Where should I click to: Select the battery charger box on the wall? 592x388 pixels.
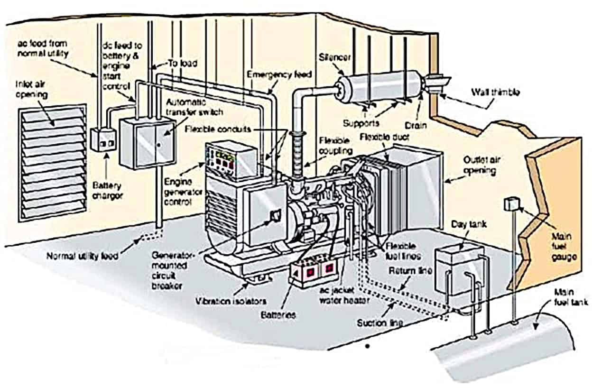click(x=103, y=139)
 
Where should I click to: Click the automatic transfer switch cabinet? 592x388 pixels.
click(x=147, y=142)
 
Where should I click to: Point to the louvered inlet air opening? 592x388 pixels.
click(x=52, y=161)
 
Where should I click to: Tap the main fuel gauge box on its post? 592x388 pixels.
click(x=511, y=204)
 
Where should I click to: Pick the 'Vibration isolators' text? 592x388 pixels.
click(x=231, y=301)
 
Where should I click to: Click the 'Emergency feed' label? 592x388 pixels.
click(x=279, y=74)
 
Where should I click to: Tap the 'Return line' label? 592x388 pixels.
click(x=410, y=271)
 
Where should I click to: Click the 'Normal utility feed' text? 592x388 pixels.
click(x=83, y=256)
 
